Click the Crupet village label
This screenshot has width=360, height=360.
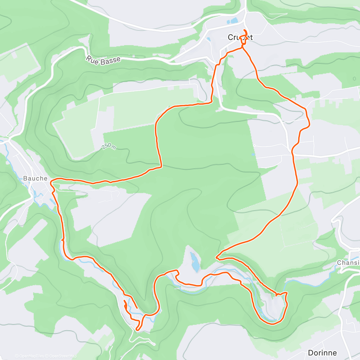point(240,37)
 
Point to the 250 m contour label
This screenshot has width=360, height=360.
point(109,146)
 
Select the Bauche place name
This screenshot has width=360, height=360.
point(35,178)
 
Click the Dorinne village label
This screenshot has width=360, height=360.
point(322,353)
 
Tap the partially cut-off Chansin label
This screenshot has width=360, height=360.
point(348,263)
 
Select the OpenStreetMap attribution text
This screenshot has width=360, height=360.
point(61,356)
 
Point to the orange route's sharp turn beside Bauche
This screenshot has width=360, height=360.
point(52,181)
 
